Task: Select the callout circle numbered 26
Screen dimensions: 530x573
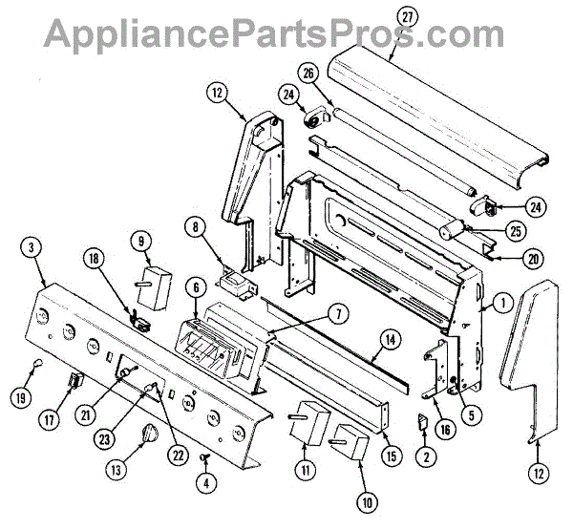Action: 308,73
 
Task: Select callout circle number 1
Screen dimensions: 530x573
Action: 499,306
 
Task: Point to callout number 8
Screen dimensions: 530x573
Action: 196,226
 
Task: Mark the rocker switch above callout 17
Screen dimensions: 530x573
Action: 74,387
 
